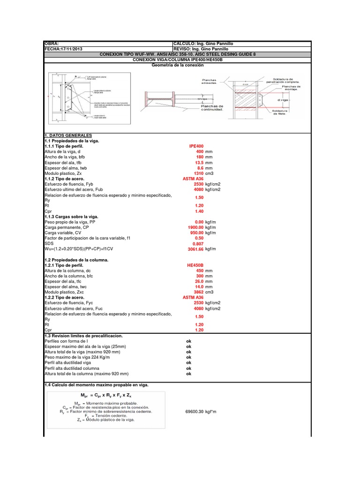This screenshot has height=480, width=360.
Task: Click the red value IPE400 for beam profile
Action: [196, 147]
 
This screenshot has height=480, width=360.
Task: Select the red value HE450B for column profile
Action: [195, 265]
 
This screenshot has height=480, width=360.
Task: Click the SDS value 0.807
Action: [197, 244]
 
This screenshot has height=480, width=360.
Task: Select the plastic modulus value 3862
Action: [198, 292]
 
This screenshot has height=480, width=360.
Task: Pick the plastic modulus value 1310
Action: [198, 173]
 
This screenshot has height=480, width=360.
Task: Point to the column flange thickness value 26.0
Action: [198, 281]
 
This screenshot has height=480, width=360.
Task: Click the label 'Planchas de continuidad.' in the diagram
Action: [212, 109]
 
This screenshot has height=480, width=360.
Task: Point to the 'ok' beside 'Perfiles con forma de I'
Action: [189, 341]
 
